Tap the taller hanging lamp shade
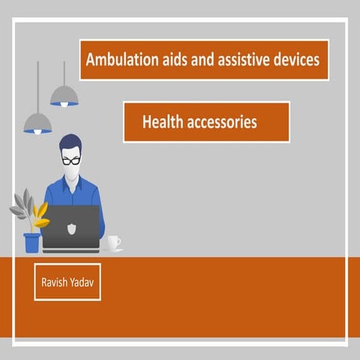[64, 95]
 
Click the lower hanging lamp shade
[37, 123]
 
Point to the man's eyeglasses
[71, 160]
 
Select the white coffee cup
[113, 243]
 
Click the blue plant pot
[31, 242]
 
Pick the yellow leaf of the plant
[40, 214]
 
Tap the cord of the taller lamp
[64, 71]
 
